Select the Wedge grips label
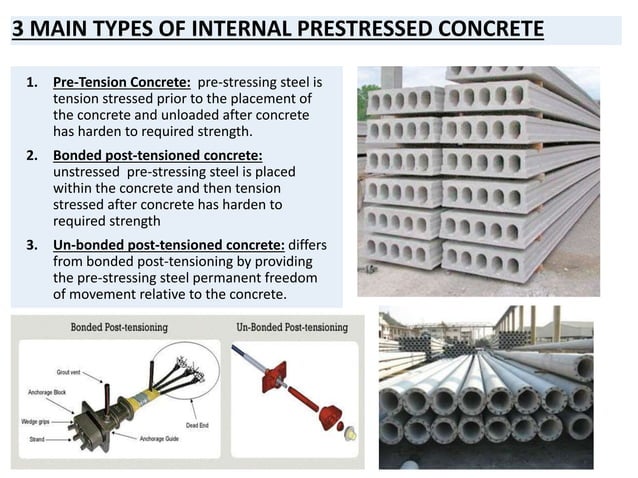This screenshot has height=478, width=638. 38,422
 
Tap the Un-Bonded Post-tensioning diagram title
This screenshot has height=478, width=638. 291,327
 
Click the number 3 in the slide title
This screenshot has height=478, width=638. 19,25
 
